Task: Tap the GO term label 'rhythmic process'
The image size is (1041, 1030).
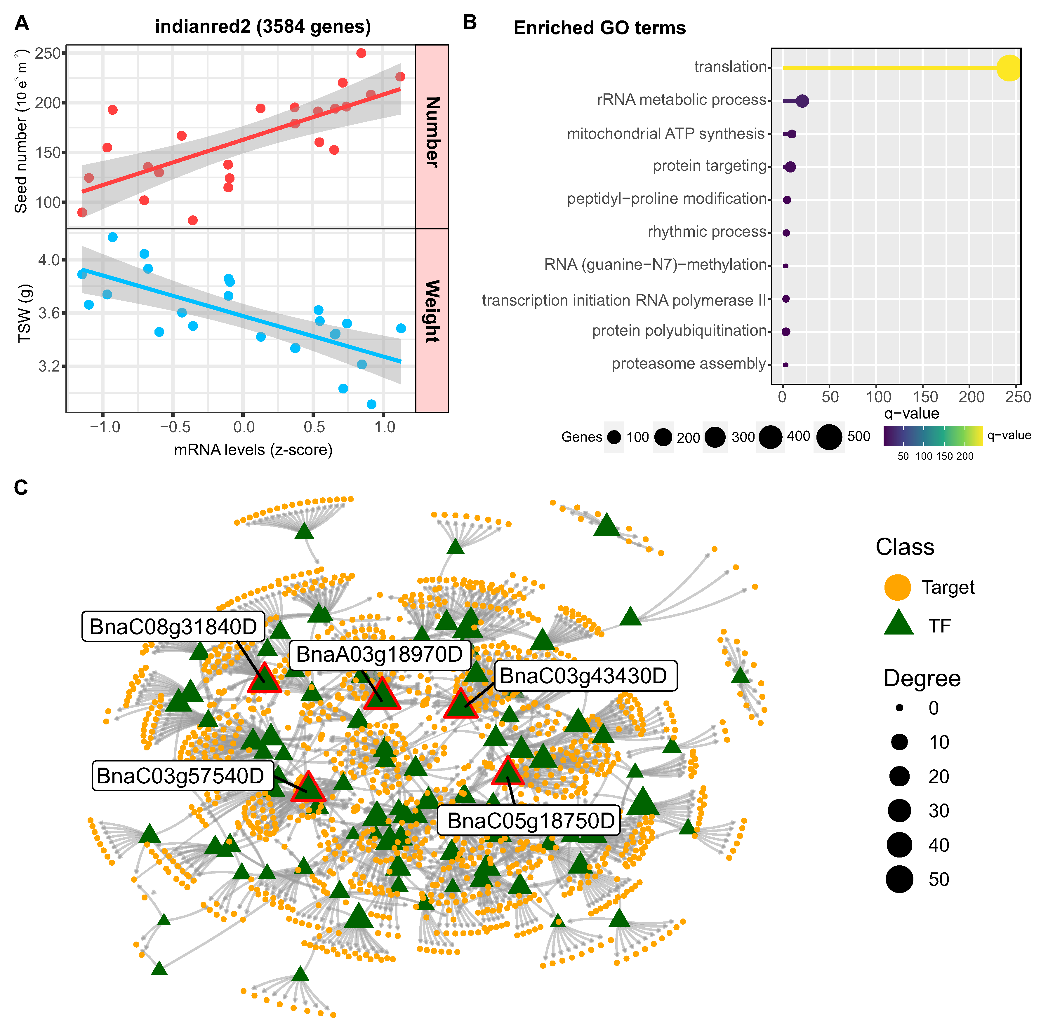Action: [x=706, y=232]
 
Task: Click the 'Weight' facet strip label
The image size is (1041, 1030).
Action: [x=432, y=311]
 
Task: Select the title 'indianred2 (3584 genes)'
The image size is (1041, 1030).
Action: [x=263, y=26]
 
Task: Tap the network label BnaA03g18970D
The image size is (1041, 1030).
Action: [x=379, y=655]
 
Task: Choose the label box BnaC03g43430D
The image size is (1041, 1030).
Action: [x=583, y=676]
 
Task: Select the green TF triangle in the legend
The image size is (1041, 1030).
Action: [x=899, y=624]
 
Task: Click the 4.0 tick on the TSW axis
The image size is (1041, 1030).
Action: [x=48, y=260]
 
